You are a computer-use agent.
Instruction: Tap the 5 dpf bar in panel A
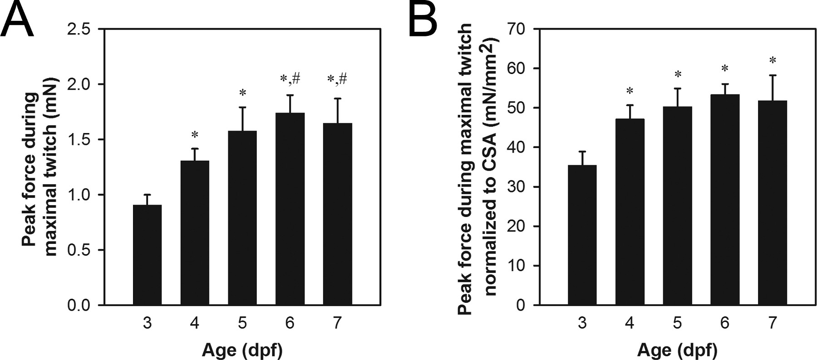click(242, 218)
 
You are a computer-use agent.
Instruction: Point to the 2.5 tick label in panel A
click(79, 30)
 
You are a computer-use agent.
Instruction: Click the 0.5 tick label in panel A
click(79, 250)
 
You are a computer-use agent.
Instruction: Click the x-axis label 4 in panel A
click(195, 323)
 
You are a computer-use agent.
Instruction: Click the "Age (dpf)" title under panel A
click(242, 350)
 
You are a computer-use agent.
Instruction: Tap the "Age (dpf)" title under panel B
click(677, 350)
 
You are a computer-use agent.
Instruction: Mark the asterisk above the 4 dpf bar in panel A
click(195, 135)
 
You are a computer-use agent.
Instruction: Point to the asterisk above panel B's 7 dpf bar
click(772, 60)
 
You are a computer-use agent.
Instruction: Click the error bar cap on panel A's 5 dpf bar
click(242, 108)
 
